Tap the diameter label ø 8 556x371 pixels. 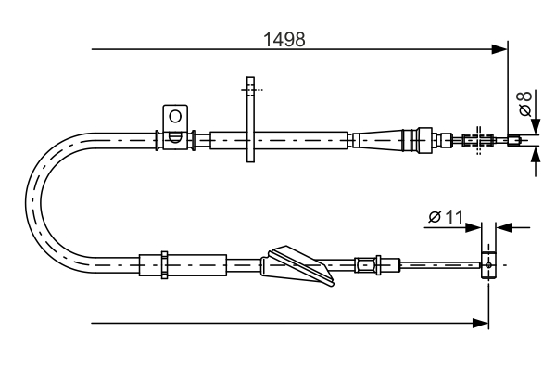pyautogui.click(x=524, y=103)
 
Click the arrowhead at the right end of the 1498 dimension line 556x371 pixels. pyautogui.click(x=500, y=47)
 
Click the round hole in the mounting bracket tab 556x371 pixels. pyautogui.click(x=173, y=116)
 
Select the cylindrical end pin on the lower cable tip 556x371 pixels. pyautogui.click(x=488, y=264)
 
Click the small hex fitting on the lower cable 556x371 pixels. pyautogui.click(x=368, y=264)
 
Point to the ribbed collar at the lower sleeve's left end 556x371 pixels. pyautogui.click(x=162, y=264)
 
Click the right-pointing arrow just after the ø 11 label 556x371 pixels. pyautogui.click(x=474, y=225)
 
